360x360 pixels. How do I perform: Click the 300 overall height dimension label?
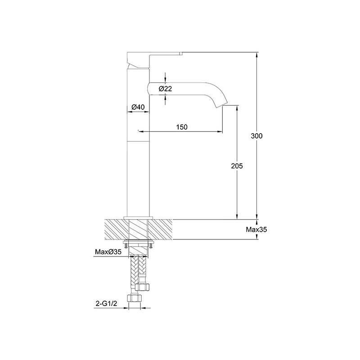click(x=256, y=136)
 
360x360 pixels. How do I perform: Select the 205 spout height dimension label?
click(x=237, y=166)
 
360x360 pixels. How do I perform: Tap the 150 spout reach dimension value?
click(x=182, y=127)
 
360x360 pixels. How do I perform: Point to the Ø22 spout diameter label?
click(x=165, y=89)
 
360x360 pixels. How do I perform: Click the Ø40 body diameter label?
click(x=138, y=107)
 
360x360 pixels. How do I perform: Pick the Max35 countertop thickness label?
click(x=256, y=229)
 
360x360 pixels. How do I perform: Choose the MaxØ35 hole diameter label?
click(x=108, y=252)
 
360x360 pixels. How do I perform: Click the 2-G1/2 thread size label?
click(x=106, y=303)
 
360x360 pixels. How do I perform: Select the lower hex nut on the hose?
click(x=134, y=298)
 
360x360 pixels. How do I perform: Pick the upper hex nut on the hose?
click(x=142, y=287)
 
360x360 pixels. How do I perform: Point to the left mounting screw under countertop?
click(x=126, y=246)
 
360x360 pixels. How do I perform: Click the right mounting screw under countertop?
click(x=151, y=246)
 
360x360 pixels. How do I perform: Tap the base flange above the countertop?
click(x=138, y=218)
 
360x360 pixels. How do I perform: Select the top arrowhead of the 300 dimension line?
click(x=256, y=55)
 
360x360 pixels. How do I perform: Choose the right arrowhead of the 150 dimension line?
click(x=220, y=131)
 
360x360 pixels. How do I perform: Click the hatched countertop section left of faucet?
click(x=116, y=229)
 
